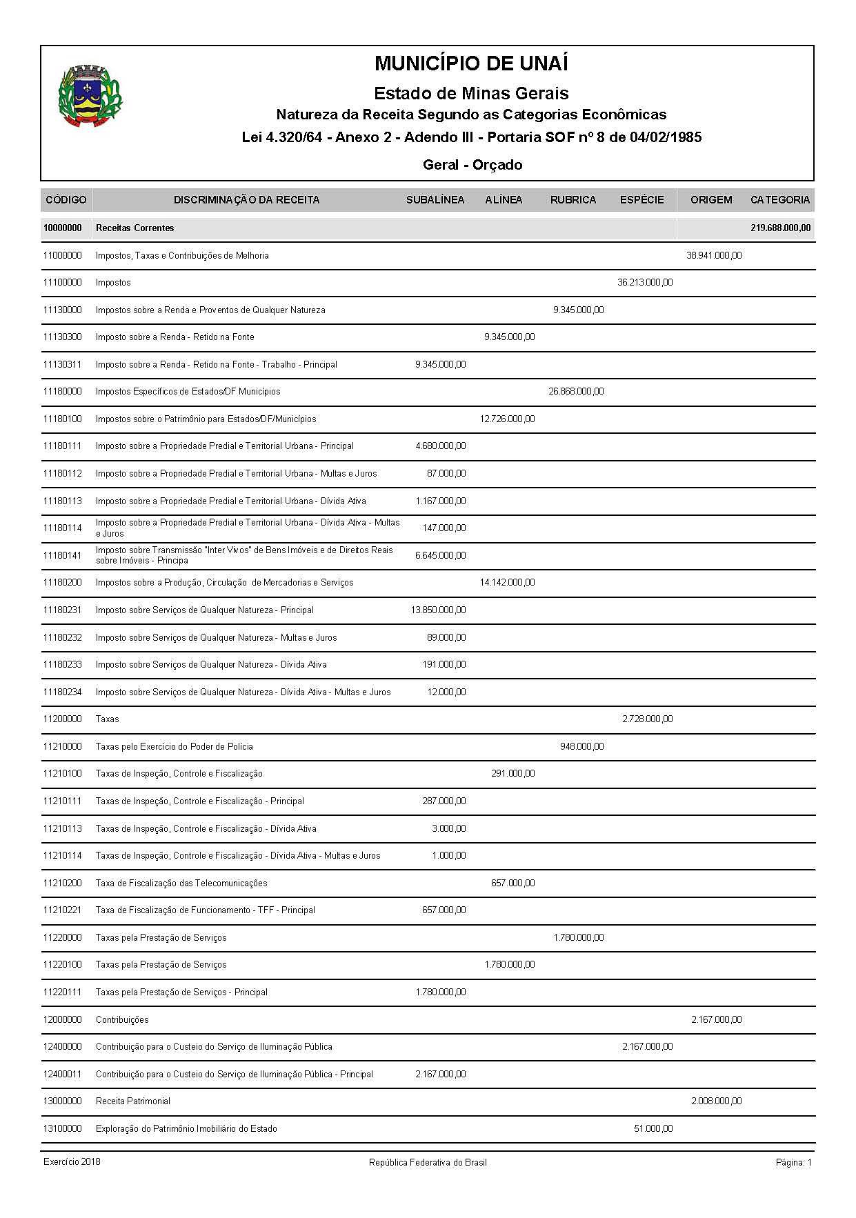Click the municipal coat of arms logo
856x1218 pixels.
[90, 95]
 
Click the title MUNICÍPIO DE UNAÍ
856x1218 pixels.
[471, 63]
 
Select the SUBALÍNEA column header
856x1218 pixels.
[435, 200]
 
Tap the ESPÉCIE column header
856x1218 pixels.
[641, 200]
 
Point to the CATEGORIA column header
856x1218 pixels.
[779, 200]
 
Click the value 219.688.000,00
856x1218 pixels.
[780, 228]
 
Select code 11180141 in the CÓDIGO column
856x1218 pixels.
[62, 555]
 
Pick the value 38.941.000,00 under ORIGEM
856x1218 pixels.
[714, 255]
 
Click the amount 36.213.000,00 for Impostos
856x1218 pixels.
[645, 282]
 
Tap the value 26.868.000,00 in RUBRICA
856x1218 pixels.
[576, 391]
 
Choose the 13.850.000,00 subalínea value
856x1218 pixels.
[438, 610]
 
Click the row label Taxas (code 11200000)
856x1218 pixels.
[108, 719]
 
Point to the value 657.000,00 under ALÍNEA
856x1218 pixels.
[512, 883]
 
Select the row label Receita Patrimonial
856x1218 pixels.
[133, 1101]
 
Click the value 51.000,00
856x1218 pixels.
[653, 1128]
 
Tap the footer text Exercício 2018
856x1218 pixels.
[72, 1162]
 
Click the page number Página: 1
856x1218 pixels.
[793, 1163]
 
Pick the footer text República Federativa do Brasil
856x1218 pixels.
[428, 1163]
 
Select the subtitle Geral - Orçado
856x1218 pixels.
[472, 165]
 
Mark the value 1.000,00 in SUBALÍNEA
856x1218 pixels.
[448, 855]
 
